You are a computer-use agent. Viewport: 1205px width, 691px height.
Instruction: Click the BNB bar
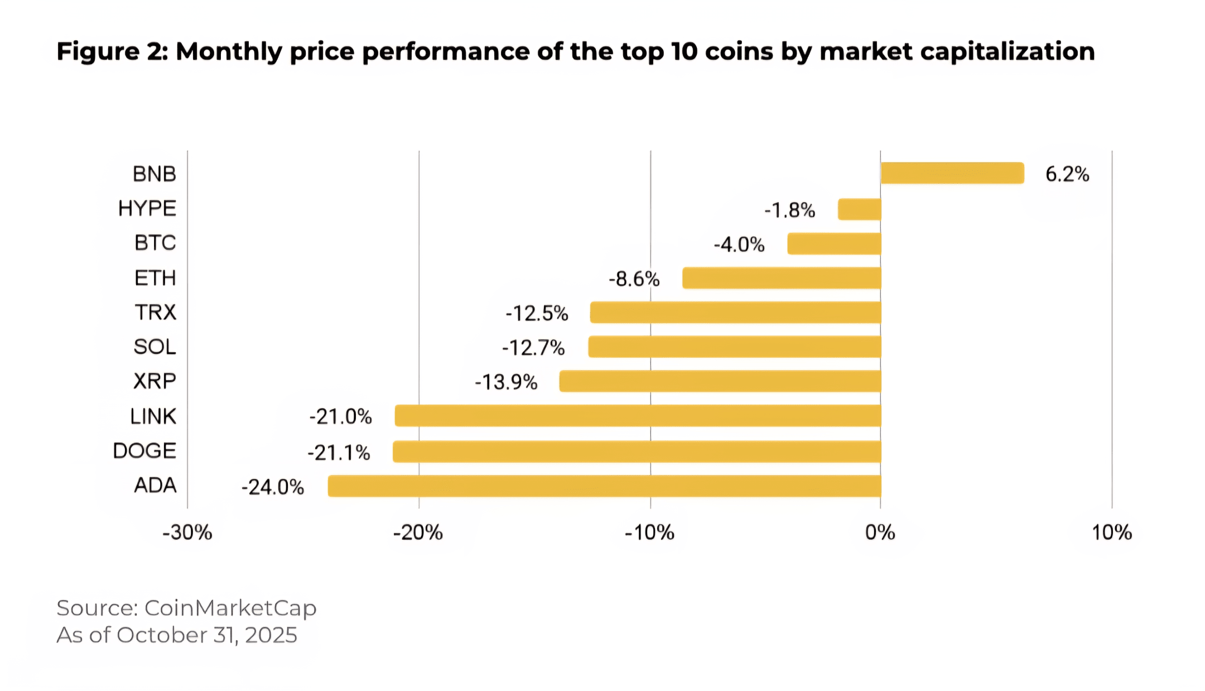[x=952, y=173]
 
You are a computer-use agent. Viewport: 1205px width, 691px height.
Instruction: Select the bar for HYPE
[x=859, y=209]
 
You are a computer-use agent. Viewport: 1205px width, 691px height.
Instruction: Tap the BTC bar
[x=834, y=244]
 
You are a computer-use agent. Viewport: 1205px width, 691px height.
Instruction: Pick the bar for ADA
[x=604, y=486]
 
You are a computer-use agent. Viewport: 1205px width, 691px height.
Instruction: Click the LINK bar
[x=638, y=416]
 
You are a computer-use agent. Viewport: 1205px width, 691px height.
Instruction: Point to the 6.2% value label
[x=1067, y=174]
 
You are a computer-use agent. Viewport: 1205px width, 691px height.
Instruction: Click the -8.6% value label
[x=634, y=279]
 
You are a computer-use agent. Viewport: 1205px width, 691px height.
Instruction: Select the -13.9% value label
[x=506, y=382]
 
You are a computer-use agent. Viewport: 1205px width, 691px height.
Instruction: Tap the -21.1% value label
[x=339, y=452]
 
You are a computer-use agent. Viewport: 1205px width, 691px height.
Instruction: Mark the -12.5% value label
[x=537, y=313]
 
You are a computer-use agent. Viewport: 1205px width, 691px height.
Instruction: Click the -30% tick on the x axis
[x=187, y=532]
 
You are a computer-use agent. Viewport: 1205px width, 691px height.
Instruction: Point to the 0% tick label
[x=880, y=532]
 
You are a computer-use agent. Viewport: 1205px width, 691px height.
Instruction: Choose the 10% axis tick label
[x=1111, y=532]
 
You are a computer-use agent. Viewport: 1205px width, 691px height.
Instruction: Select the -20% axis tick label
[x=418, y=532]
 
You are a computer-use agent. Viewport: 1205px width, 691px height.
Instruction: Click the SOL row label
[x=155, y=347]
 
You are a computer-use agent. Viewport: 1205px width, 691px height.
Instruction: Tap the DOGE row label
[x=144, y=450]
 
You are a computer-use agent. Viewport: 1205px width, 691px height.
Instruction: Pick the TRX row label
[x=155, y=312]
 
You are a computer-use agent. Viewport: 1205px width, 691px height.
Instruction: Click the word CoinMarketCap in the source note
[x=230, y=608]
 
